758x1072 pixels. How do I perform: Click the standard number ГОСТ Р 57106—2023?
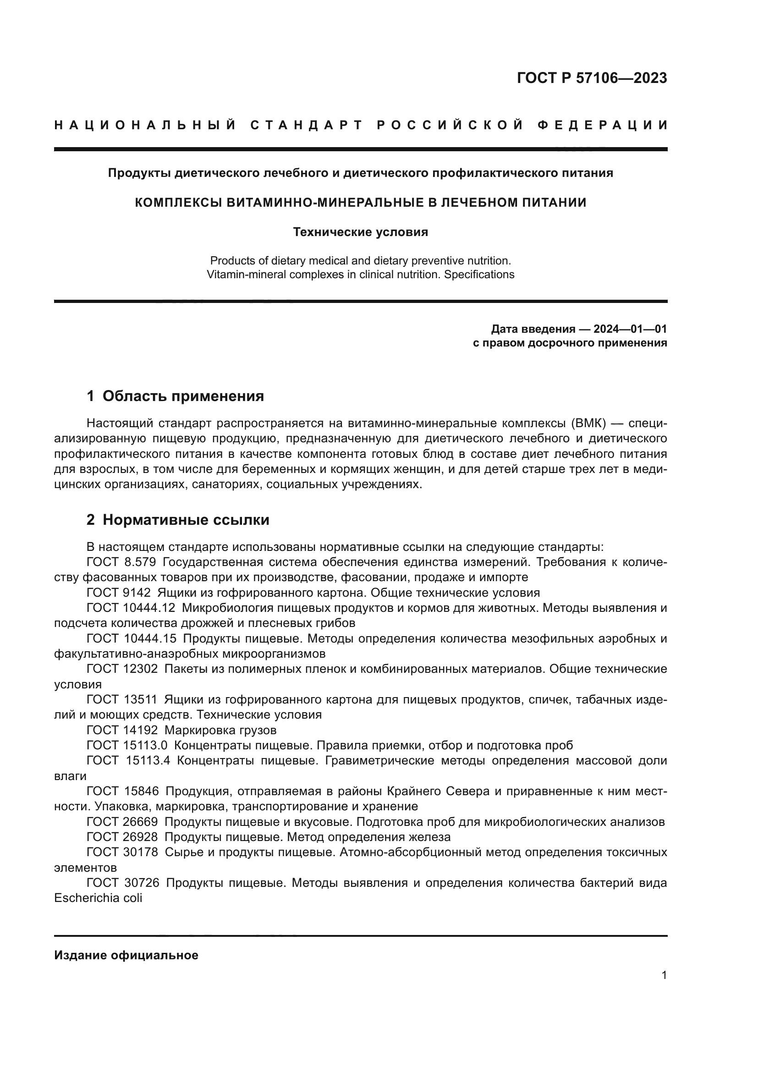[x=591, y=78]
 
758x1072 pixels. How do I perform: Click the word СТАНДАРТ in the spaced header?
[x=307, y=125]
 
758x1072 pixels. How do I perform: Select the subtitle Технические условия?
[x=360, y=232]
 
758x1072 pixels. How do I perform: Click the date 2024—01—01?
[x=630, y=329]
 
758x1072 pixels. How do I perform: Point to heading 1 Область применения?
[x=175, y=396]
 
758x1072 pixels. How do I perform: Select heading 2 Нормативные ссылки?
[x=178, y=520]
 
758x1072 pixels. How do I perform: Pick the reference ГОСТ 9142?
[x=119, y=593]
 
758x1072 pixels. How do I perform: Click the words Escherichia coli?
[x=98, y=898]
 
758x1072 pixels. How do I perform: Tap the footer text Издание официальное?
[x=126, y=955]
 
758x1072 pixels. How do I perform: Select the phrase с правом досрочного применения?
[x=570, y=343]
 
